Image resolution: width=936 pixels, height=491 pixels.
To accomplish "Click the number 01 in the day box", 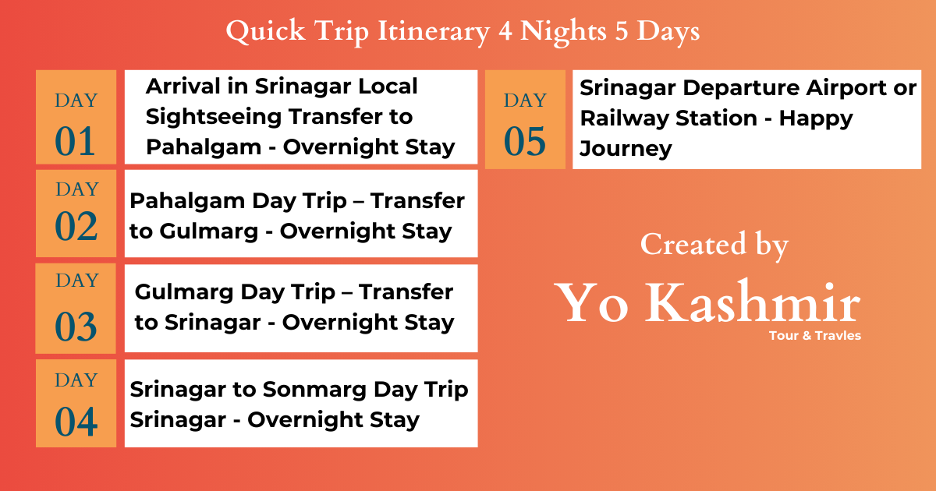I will (76, 142).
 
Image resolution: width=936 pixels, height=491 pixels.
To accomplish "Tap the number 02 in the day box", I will (76, 226).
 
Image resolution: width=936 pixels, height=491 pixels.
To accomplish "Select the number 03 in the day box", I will (76, 326).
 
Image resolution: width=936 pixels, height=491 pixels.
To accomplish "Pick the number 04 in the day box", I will (76, 422).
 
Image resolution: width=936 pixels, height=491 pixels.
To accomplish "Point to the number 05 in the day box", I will (525, 142).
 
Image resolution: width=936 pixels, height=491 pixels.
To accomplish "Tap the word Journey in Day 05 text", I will (626, 149).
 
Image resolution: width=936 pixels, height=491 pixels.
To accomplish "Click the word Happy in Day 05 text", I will (816, 118).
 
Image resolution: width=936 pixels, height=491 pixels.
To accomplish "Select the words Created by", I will (714, 245).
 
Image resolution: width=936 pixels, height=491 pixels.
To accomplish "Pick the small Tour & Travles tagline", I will (814, 336).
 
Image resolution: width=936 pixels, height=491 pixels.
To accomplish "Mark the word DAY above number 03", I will (76, 280).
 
